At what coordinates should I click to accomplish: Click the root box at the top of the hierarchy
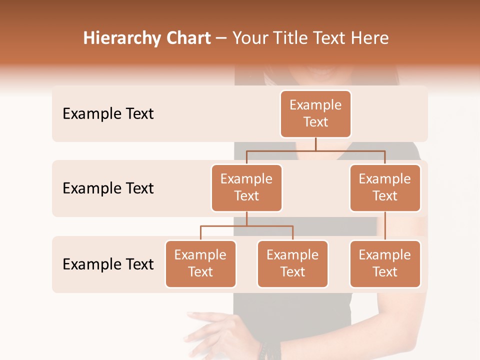coord(315,113)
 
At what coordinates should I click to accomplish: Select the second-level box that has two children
coord(246,187)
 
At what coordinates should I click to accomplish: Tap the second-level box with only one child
coord(385,187)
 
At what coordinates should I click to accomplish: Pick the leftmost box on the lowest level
coord(200,263)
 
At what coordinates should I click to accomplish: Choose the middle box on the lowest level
coord(292,263)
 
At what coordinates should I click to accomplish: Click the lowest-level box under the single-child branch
coord(385,263)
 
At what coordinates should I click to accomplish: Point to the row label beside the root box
coord(108,114)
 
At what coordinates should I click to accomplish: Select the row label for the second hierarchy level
coord(108,188)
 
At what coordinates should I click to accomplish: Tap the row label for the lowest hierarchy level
coord(108,264)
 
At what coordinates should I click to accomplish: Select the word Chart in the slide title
coord(185,38)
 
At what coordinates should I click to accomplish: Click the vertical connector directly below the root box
coord(315,144)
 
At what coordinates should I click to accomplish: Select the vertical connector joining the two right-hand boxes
coord(385,226)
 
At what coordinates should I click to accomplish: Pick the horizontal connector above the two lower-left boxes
coord(246,226)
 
